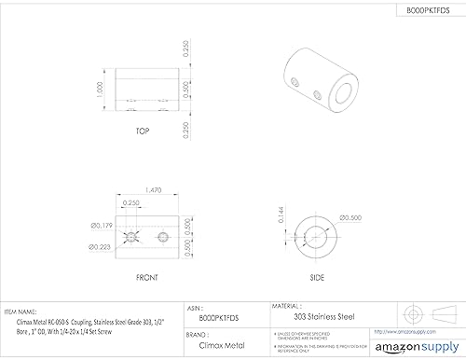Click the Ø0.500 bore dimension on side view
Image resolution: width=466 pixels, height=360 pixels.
pos(352,218)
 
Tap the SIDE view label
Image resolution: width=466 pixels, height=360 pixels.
pos(316,277)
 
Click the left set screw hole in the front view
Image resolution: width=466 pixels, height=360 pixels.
pos(131,234)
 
